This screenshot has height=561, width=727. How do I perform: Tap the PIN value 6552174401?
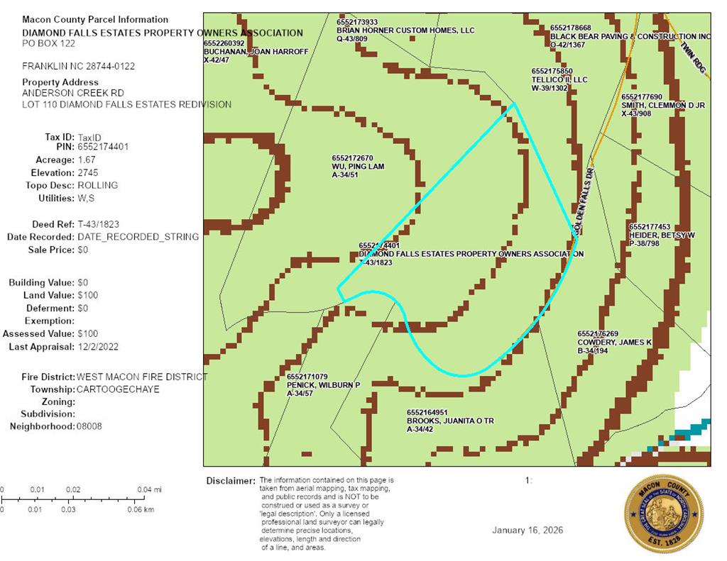coord(104,147)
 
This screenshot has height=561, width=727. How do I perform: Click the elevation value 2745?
coord(89,172)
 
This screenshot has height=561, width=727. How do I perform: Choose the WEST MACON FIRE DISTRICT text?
coord(142,377)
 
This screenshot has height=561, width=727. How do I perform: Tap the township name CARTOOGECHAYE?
coord(119,389)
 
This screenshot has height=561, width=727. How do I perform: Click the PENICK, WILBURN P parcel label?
coord(323,384)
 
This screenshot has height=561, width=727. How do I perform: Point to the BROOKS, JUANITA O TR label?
coord(449,421)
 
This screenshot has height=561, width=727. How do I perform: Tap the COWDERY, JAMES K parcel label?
coord(614,342)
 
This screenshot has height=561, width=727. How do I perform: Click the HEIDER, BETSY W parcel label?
coord(661,235)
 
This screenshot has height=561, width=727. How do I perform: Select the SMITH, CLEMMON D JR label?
coord(662,105)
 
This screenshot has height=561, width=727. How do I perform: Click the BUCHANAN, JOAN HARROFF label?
coord(256,52)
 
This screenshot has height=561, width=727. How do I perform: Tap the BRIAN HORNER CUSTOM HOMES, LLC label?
coord(405,30)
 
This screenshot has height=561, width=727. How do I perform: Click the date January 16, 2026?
coord(528,531)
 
